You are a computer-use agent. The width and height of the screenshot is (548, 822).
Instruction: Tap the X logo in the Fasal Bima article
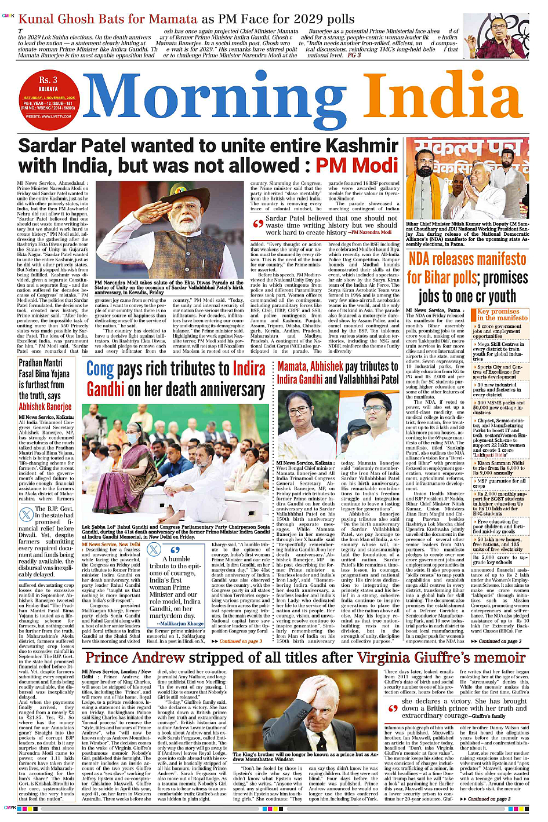tap(26, 514)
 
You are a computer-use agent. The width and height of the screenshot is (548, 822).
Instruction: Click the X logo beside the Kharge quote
tap(154, 550)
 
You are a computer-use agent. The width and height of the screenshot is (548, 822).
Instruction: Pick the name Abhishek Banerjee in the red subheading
tap(45, 406)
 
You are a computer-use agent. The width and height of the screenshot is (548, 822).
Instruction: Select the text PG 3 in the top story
tap(354, 56)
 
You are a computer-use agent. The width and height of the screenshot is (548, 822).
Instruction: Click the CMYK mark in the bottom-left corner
tap(9, 808)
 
